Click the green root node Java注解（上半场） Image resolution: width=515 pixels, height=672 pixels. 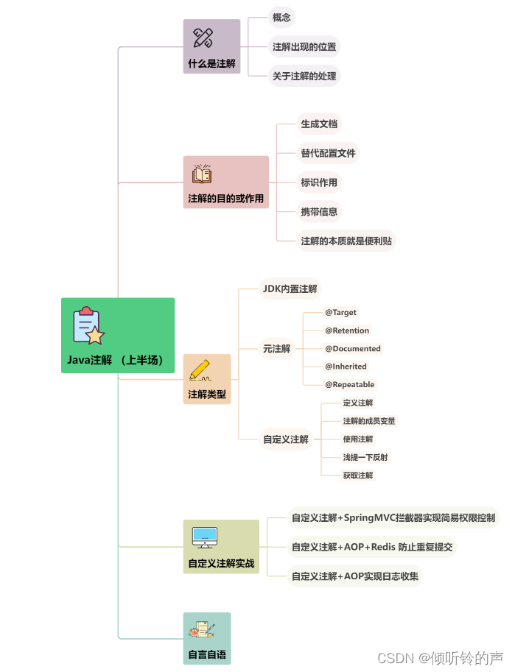click(117, 336)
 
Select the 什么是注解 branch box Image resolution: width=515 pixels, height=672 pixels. click(211, 46)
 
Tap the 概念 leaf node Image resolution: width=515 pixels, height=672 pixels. click(281, 18)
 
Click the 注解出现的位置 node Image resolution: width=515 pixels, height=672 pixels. click(304, 47)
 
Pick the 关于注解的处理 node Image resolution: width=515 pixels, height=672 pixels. click(304, 76)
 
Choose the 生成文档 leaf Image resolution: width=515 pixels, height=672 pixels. click(318, 124)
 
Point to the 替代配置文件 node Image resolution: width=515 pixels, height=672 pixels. click(328, 153)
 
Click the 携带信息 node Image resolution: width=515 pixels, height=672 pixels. click(319, 212)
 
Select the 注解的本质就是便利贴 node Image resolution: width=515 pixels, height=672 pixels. click(346, 241)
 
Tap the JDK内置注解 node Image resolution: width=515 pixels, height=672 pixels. click(290, 289)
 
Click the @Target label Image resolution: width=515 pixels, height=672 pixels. click(340, 313)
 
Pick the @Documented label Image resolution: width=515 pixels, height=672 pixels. click(352, 349)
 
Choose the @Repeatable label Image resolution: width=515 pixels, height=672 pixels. click(349, 384)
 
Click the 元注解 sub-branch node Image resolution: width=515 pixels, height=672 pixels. click(276, 349)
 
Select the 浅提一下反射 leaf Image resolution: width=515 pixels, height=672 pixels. click(365, 457)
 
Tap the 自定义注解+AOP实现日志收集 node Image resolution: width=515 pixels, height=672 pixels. click(354, 576)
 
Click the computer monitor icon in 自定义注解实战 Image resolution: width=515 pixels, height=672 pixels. click(204, 537)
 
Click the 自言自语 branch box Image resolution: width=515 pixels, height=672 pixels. click(206, 638)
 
